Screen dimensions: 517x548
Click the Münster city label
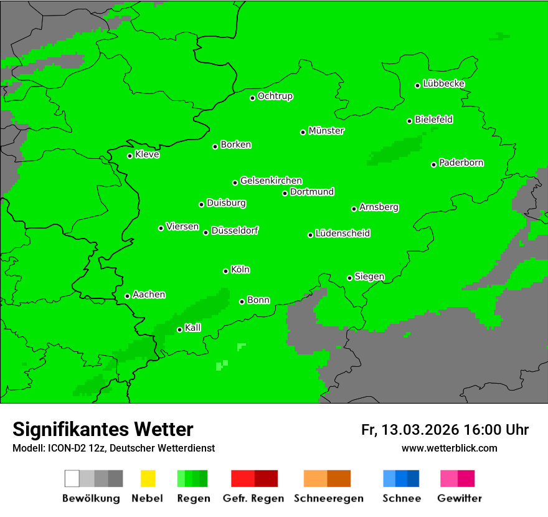click(x=326, y=131)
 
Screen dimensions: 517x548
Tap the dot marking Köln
click(x=226, y=271)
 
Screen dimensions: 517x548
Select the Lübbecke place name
click(x=443, y=83)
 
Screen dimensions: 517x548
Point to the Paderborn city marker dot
click(x=434, y=164)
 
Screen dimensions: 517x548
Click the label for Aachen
click(x=149, y=295)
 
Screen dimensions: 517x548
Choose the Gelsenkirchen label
click(x=271, y=181)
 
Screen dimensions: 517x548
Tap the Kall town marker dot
click(x=180, y=330)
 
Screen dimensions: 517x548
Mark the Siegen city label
click(x=369, y=277)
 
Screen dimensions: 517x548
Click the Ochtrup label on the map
click(x=275, y=96)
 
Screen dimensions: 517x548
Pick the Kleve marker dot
click(x=130, y=156)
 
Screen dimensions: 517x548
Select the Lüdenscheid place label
click(x=342, y=234)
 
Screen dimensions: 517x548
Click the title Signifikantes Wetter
click(x=103, y=429)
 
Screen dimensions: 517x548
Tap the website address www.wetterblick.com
click(x=449, y=448)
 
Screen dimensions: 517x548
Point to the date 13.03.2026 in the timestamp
click(x=420, y=430)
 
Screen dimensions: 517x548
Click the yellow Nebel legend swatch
click(x=148, y=478)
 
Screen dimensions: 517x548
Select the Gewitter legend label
click(x=459, y=498)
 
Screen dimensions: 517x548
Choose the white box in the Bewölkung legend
click(x=72, y=478)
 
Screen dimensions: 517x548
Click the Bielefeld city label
click(x=433, y=120)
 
